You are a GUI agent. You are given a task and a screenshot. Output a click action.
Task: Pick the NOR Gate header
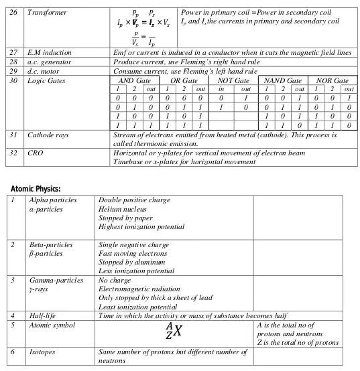click(333, 80)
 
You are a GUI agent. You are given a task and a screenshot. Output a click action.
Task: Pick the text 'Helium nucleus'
click(122, 210)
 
